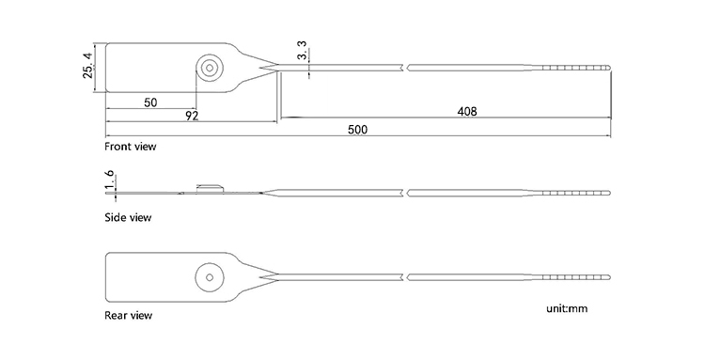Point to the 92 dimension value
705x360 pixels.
point(192,116)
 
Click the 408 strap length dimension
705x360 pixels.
point(466,111)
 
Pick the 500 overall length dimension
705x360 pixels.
point(357,129)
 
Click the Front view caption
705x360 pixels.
point(131,147)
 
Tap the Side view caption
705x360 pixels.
point(128,218)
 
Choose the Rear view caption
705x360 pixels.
point(128,315)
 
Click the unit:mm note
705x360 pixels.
point(566,307)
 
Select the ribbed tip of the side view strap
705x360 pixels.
point(578,193)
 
